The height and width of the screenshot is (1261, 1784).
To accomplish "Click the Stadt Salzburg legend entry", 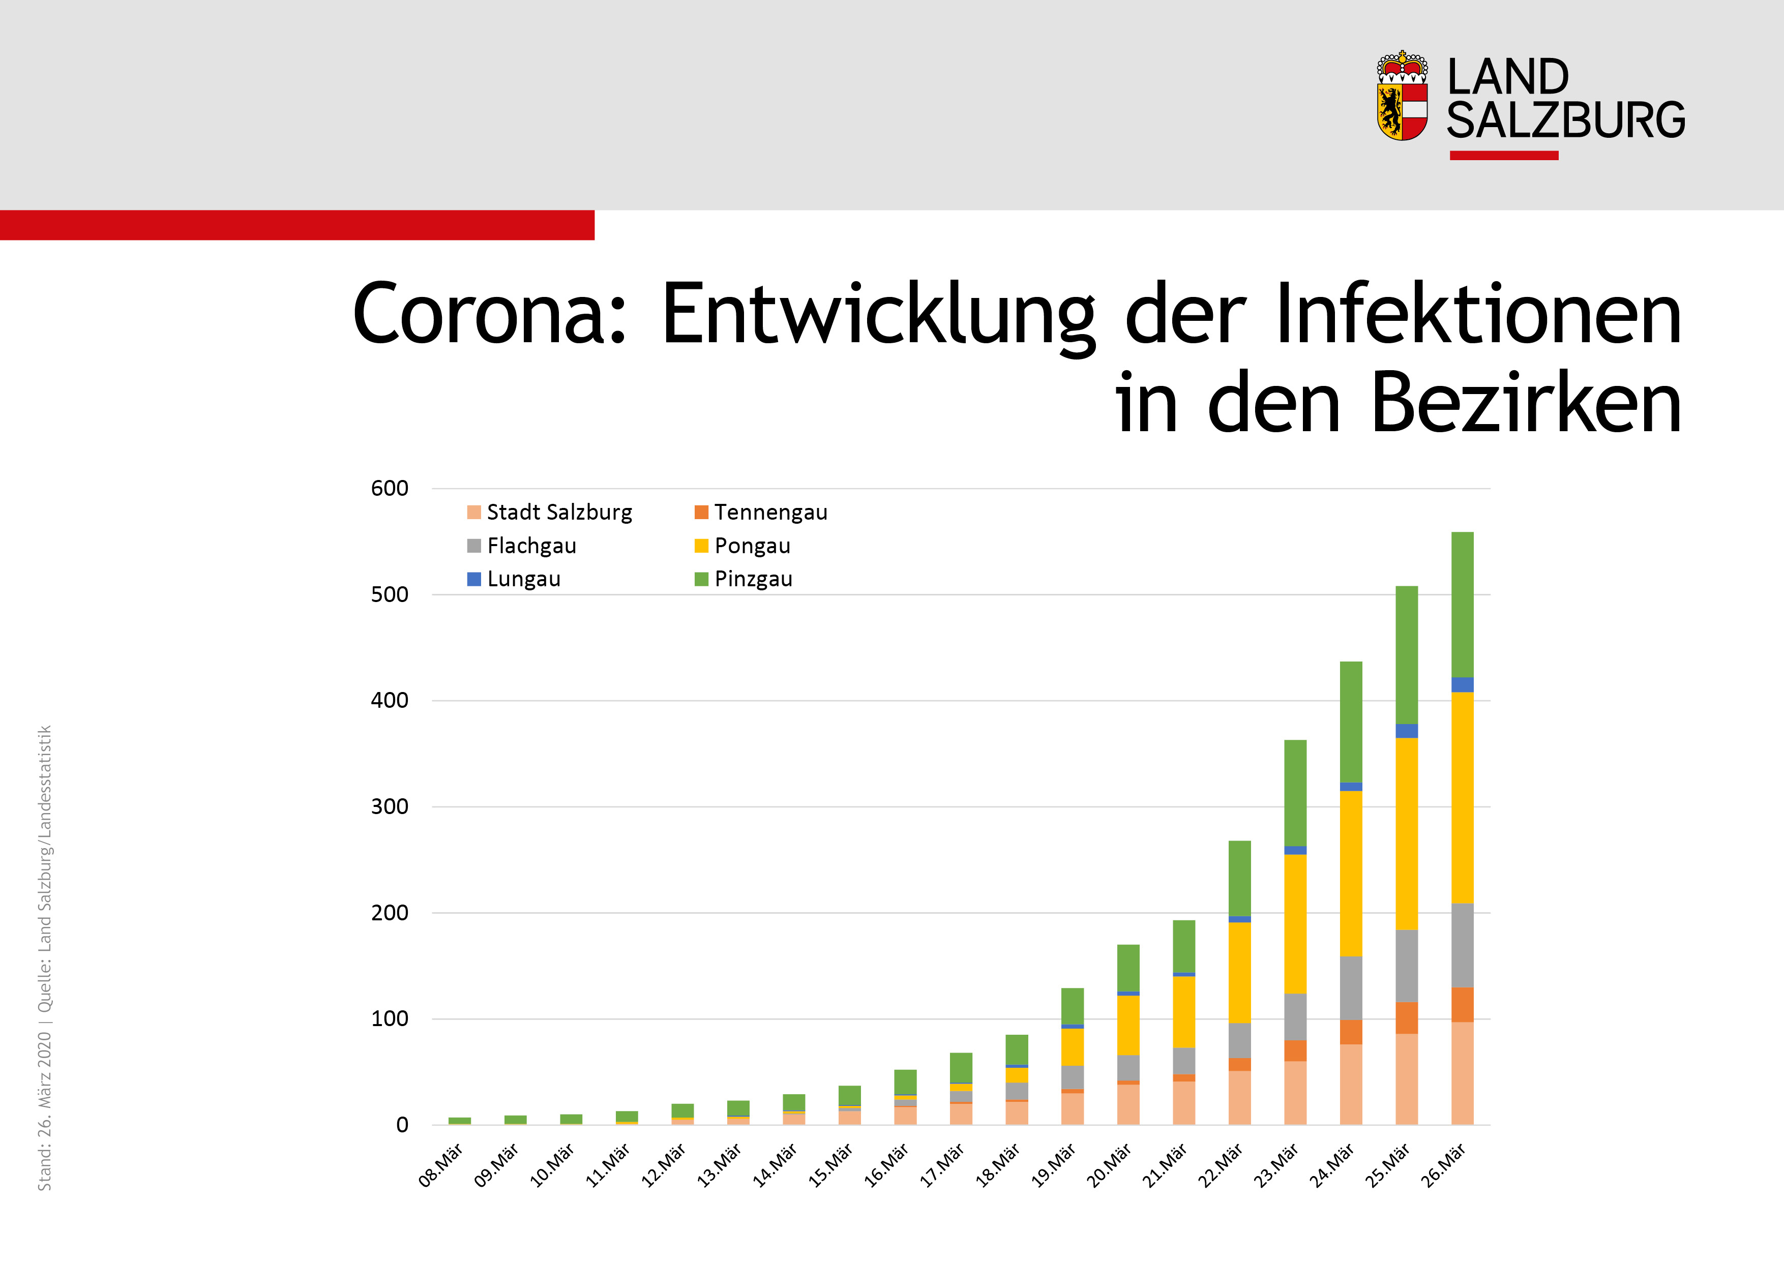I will (550, 512).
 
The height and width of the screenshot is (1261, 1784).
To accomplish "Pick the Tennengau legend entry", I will (761, 512).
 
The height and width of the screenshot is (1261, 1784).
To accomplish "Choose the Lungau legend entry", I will (514, 579).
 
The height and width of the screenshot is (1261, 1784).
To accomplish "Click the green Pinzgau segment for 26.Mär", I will (1462, 605).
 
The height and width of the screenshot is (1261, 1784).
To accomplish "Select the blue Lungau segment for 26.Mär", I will (1462, 684).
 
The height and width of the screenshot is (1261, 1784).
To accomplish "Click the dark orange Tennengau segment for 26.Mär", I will (1462, 1005).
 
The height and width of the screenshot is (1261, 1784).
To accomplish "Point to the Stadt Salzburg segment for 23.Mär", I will (1295, 1092).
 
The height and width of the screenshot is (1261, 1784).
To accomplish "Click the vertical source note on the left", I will (45, 957).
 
